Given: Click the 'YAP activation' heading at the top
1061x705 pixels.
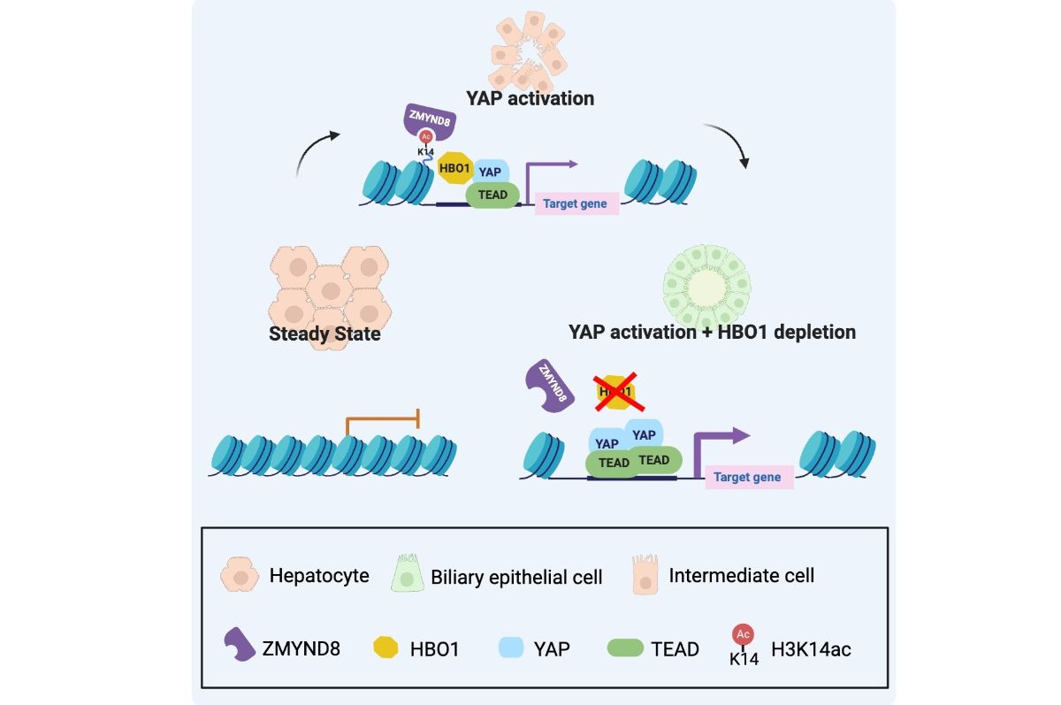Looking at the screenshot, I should (530, 98).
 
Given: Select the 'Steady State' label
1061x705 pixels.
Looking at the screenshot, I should (324, 334).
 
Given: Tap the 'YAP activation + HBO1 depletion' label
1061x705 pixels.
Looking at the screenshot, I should (713, 333).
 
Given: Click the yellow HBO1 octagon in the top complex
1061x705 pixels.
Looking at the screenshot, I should (456, 169).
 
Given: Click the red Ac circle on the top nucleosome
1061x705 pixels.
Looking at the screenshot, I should (426, 136).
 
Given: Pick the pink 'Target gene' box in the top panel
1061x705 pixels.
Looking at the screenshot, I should (575, 203).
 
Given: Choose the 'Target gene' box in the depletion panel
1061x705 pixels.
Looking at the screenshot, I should (747, 477).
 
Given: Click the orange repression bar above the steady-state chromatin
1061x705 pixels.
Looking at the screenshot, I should (382, 418).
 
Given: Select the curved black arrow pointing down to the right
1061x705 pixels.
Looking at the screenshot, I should (730, 147).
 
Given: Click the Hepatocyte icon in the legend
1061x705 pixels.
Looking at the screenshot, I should (240, 575).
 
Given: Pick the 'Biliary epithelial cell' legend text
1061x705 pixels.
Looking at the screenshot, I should (516, 578).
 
